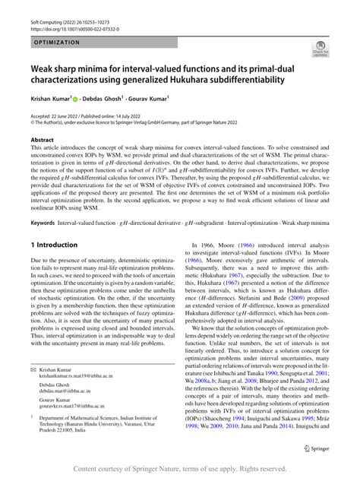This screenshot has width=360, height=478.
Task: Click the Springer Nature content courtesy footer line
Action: [x=180, y=470]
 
